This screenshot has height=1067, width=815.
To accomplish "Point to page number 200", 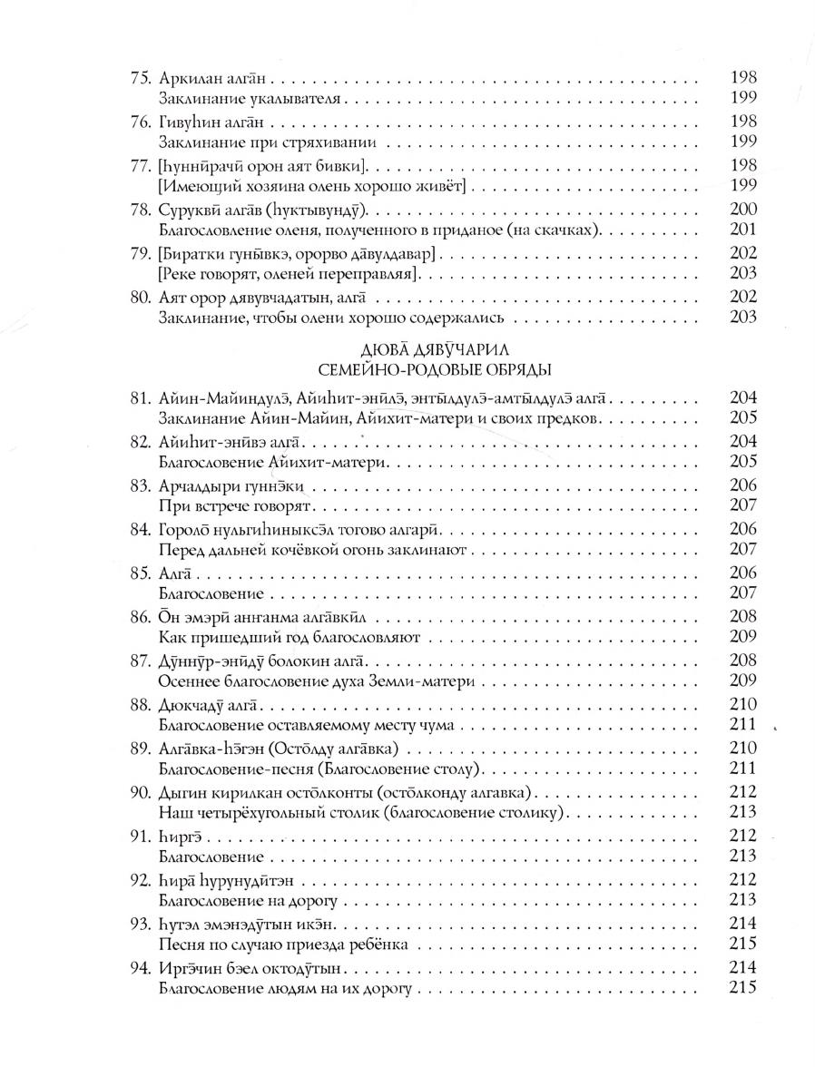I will (742, 210).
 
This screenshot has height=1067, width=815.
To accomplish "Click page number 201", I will (742, 229).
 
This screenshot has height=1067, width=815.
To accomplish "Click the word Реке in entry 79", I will (180, 273).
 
